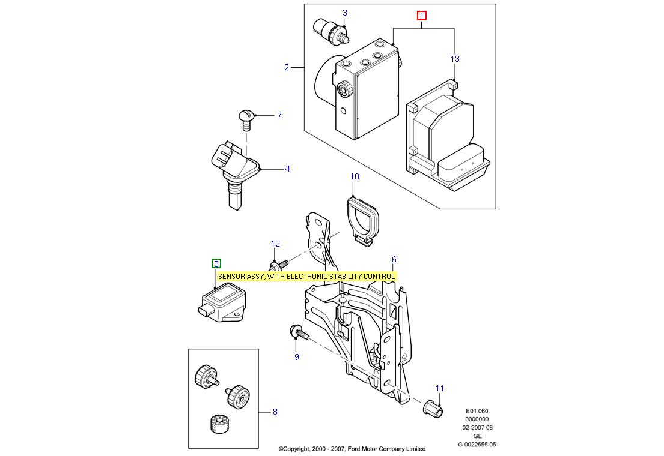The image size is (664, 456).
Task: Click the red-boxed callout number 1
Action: [422, 16]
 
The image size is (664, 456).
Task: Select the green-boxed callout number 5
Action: [216, 263]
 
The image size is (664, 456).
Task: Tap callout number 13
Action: [455, 59]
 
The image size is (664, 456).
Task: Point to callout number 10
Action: [355, 176]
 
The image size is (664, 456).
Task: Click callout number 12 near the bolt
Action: [275, 244]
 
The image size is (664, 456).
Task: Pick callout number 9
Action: [296, 357]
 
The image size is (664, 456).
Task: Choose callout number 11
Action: [439, 389]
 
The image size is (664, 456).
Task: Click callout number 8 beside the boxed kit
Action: [275, 412]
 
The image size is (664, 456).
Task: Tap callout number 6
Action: [394, 260]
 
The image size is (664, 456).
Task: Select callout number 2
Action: [287, 67]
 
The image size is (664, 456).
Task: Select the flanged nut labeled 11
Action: [431, 408]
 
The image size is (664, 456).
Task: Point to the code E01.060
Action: [477, 411]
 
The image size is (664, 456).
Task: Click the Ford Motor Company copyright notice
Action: [352, 449]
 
